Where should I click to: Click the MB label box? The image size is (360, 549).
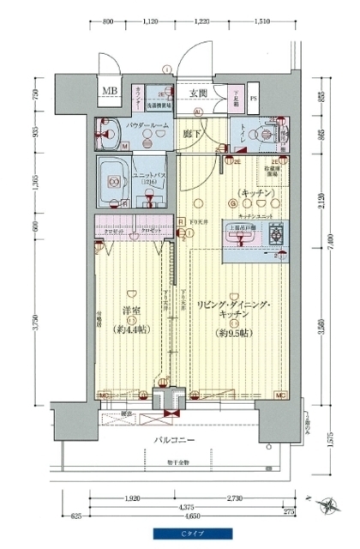(x=111, y=91)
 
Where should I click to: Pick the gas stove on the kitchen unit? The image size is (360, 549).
(x=277, y=233)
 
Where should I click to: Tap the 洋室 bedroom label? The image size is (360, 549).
(x=131, y=311)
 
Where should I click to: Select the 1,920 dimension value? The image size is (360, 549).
(x=131, y=498)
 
